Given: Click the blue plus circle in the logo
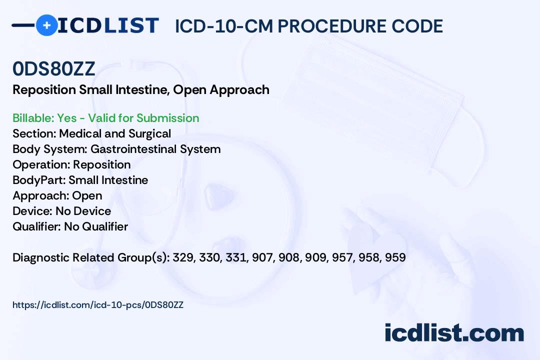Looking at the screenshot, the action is tap(47, 25).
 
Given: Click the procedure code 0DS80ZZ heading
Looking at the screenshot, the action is tap(53, 69).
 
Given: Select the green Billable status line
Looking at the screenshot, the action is tap(105, 118).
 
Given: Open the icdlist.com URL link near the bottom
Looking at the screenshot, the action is tap(98, 305).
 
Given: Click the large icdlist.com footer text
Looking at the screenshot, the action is tap(454, 332).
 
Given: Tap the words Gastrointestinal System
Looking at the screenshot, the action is tap(155, 149).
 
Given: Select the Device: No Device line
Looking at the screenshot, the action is tap(62, 211).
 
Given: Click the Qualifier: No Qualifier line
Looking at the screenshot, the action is tap(70, 226).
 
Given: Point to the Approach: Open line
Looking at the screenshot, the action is tap(57, 195).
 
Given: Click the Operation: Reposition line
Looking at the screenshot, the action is tap(71, 164).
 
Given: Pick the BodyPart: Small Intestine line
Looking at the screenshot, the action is tap(80, 180).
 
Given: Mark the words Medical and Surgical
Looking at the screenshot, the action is tap(115, 133).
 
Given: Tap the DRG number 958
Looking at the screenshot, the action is tap(370, 257).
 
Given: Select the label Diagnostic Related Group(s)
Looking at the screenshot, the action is tap(91, 257).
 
